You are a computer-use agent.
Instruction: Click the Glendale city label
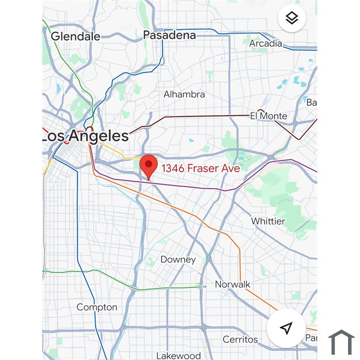coord(76,36)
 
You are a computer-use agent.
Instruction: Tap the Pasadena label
coord(169,35)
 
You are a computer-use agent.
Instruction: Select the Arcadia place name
coord(265,43)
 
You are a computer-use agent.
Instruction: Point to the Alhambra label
coord(184,94)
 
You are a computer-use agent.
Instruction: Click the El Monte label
coord(268,116)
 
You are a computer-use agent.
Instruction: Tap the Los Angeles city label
coord(85,136)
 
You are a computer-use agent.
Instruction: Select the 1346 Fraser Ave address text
coord(201,168)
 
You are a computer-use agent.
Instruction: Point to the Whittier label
coord(268,221)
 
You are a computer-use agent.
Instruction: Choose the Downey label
coord(178,259)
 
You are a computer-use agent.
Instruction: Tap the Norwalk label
coord(232,284)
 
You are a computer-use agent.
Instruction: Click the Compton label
coord(97,307)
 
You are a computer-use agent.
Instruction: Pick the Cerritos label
coord(240,339)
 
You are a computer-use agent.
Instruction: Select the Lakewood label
coord(178,355)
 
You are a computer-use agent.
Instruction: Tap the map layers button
coord(292,19)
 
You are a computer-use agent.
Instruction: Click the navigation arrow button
coord(286,328)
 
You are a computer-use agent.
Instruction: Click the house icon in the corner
coord(341,343)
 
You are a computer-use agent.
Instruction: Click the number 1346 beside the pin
coord(173,168)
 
